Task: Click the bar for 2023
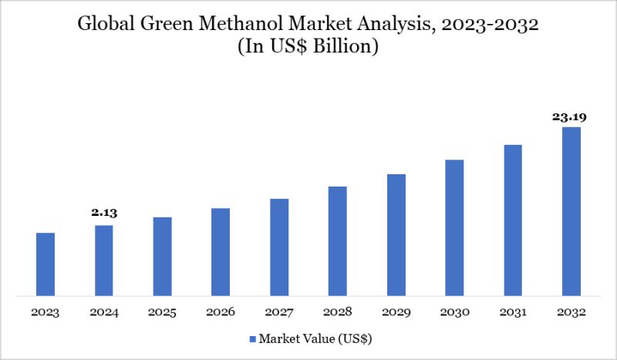pos(46,264)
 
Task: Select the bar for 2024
pos(104,261)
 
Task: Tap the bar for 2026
pos(221,252)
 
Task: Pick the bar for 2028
pos(338,241)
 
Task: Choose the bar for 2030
pos(454,227)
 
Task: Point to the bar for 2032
pos(571,211)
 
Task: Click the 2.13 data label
pos(104,213)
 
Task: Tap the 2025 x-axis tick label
pos(162,313)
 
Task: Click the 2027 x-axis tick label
pos(279,313)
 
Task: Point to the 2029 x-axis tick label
pos(396,313)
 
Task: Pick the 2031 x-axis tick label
pos(513,313)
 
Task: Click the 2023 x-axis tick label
pos(46,313)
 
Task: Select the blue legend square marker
pos(252,338)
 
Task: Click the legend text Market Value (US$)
pos(316,338)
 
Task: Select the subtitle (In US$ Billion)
pos(308,47)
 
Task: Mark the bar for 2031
pos(513,220)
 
